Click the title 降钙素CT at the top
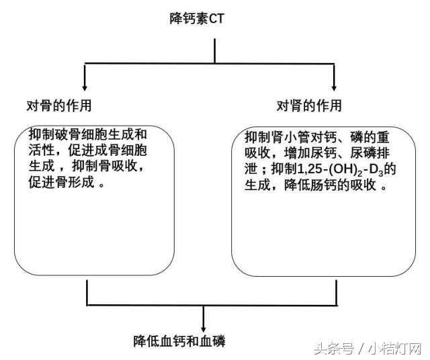pos(197,19)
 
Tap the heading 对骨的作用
pos(59,105)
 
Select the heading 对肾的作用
pos(309,105)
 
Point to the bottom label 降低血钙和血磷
pos(179,341)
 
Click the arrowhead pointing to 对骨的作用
pos(85,88)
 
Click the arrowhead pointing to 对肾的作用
pos(334,88)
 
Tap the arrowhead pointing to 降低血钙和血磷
pos(203,328)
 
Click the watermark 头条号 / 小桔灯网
pos(368,349)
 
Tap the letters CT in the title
pos(216,19)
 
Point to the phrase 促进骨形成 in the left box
pos(62,182)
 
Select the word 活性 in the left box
pos(42,150)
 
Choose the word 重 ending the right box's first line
pos(383,137)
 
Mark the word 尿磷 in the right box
pos(363,153)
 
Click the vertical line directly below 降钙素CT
pos(215,51)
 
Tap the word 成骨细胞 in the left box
pos(121,150)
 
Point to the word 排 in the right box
pos(383,153)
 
